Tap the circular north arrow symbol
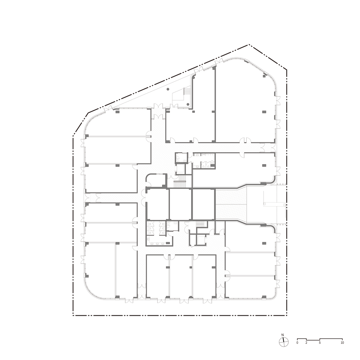[x=283, y=342]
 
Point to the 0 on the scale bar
[x=297, y=343]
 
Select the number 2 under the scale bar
[x=306, y=343]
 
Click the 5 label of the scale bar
[x=320, y=343]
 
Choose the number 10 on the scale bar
[x=342, y=343]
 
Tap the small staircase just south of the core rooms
[x=201, y=225]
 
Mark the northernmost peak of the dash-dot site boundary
[x=249, y=45]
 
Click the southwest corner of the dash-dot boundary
[x=73, y=316]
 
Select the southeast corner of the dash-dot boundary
[x=287, y=316]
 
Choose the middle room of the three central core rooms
[x=180, y=204]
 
